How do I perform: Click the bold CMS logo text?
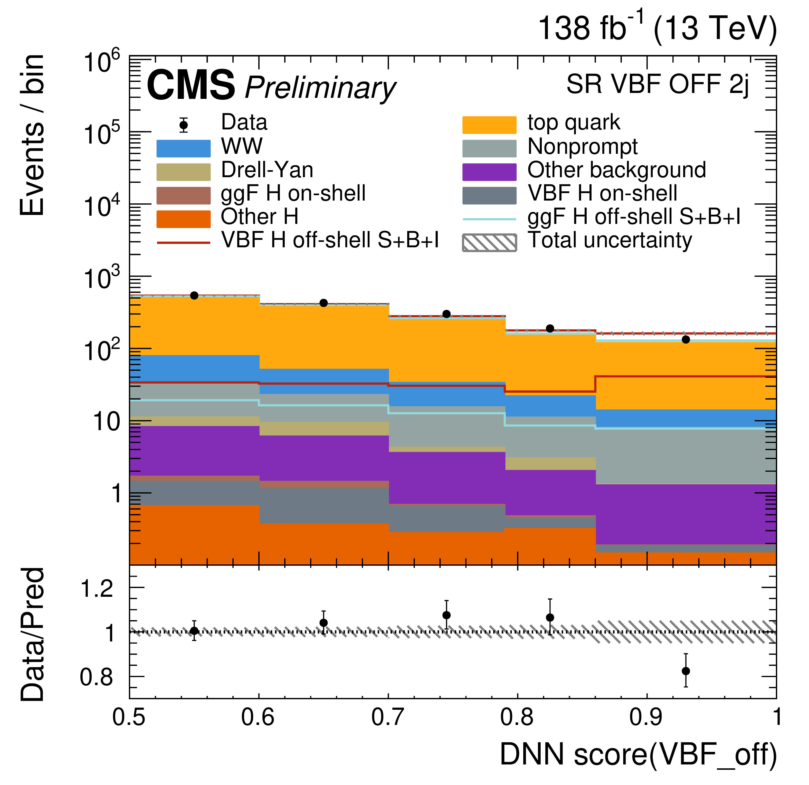191,86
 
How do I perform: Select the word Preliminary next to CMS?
320,88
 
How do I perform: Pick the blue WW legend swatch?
183,149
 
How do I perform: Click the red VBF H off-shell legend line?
183,243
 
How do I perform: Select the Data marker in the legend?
184,125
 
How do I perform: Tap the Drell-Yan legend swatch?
183,172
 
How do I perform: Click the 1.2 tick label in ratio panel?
97,589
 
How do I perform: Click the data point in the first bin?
194,296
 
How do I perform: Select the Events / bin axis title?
32,135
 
